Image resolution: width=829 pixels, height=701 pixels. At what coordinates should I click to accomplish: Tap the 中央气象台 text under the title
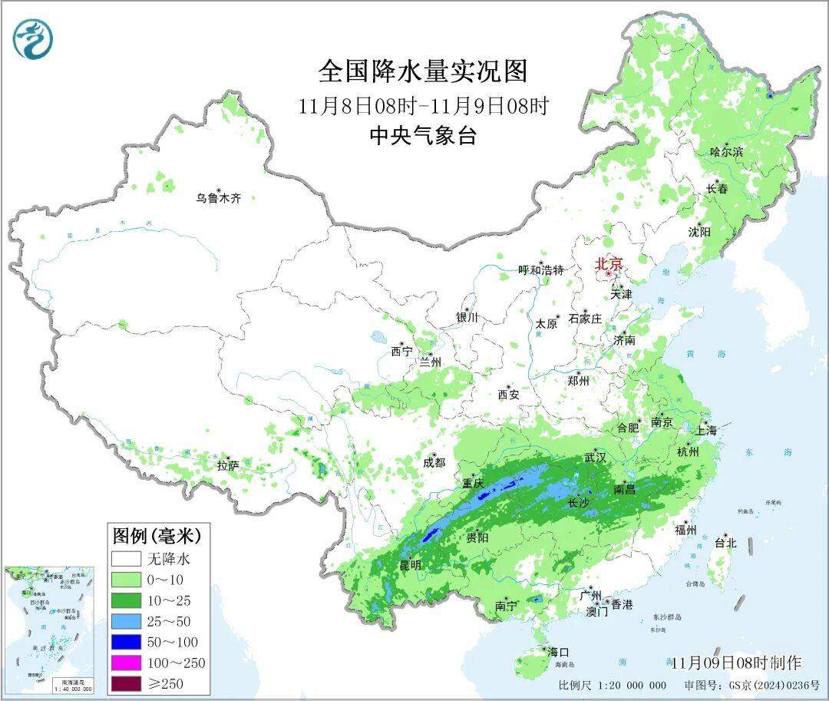pyautogui.click(x=423, y=136)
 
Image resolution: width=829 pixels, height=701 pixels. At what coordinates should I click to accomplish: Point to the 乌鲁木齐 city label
pyautogui.click(x=218, y=198)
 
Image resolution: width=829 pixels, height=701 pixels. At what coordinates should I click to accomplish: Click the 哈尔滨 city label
pyautogui.click(x=726, y=152)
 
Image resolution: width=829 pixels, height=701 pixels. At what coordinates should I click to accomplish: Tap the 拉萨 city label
pyautogui.click(x=228, y=465)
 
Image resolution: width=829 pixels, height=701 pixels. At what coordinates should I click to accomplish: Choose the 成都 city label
pyautogui.click(x=434, y=462)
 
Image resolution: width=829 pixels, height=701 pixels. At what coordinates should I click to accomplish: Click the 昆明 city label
pyautogui.click(x=410, y=564)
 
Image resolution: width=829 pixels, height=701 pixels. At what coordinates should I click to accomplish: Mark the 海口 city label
pyautogui.click(x=558, y=651)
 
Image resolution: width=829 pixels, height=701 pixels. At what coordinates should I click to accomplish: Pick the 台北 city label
pyautogui.click(x=725, y=543)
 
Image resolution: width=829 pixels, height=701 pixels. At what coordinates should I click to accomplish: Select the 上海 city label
pyautogui.click(x=706, y=431)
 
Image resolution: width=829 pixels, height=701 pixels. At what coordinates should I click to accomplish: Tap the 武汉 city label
pyautogui.click(x=595, y=458)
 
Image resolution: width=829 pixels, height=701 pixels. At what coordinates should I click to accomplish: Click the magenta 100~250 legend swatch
pyautogui.click(x=126, y=663)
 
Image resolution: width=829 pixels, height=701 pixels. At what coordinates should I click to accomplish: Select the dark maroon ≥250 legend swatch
pyautogui.click(x=126, y=683)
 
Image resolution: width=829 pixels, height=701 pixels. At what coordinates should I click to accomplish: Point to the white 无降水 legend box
pyautogui.click(x=126, y=558)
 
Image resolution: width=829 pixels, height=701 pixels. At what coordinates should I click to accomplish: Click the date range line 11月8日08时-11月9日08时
pyautogui.click(x=423, y=105)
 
